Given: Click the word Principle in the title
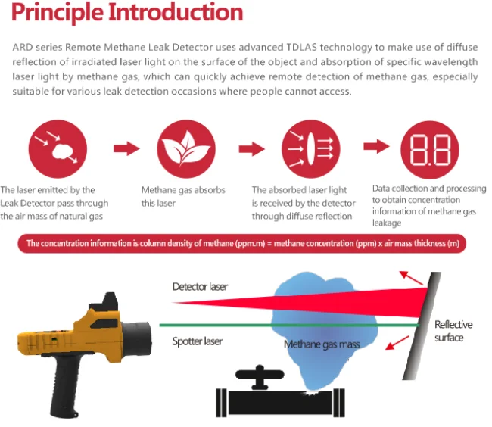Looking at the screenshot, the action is coord(58,14).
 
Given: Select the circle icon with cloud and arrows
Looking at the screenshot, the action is coord(52,148).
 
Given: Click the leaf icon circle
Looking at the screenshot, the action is coord(181,148).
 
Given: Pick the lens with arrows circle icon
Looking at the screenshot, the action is coord(305,148).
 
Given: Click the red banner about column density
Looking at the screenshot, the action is coord(243,244).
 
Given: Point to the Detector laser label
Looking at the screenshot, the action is coord(200,287).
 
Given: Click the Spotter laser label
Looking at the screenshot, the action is coord(198,341).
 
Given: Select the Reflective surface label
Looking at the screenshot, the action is coord(453,331).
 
